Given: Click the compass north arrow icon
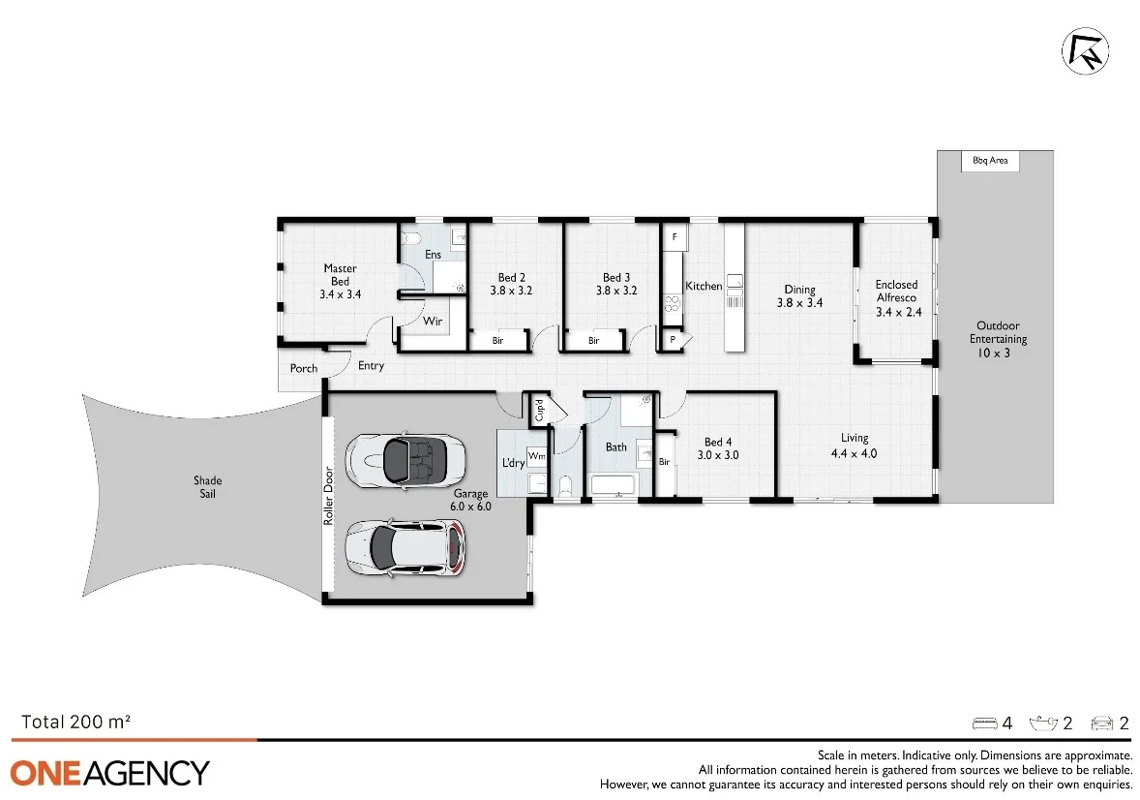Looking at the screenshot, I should click(x=1086, y=51).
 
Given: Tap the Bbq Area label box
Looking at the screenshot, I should click(x=990, y=161).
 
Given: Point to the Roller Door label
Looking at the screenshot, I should click(x=329, y=496).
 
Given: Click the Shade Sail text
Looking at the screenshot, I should click(x=207, y=487).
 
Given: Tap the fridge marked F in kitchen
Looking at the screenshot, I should click(x=675, y=236).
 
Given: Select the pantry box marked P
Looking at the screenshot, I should click(x=672, y=340).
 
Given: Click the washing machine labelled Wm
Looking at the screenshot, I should click(x=535, y=454).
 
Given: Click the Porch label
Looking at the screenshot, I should click(x=304, y=369).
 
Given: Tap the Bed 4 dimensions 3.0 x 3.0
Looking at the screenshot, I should click(x=719, y=454).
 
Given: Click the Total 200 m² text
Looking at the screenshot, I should click(x=75, y=722).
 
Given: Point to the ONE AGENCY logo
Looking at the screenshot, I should click(x=110, y=773).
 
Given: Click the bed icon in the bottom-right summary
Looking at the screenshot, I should click(x=984, y=723).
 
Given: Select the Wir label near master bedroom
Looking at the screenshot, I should click(x=433, y=321).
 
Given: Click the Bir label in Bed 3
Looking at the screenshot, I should click(x=593, y=341).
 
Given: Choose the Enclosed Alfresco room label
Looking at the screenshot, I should click(x=896, y=292).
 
